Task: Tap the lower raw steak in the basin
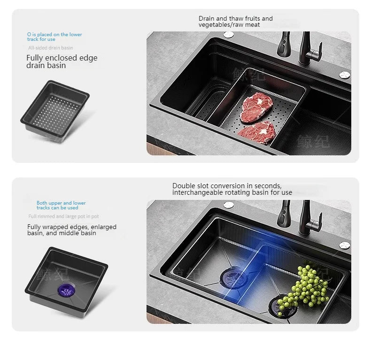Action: point(256,132)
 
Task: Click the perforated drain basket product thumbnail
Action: point(55,109)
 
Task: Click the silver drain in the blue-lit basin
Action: point(233,277)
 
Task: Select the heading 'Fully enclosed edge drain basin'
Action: point(62,61)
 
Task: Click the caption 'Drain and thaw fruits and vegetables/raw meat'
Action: point(235,22)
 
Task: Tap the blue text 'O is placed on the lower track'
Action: point(54,37)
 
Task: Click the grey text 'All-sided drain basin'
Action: point(50,48)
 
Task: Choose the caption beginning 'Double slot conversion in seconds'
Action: point(232,189)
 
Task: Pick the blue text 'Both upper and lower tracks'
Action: point(61,205)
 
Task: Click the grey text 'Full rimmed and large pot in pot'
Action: point(63,216)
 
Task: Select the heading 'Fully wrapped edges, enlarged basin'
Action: point(71,230)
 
